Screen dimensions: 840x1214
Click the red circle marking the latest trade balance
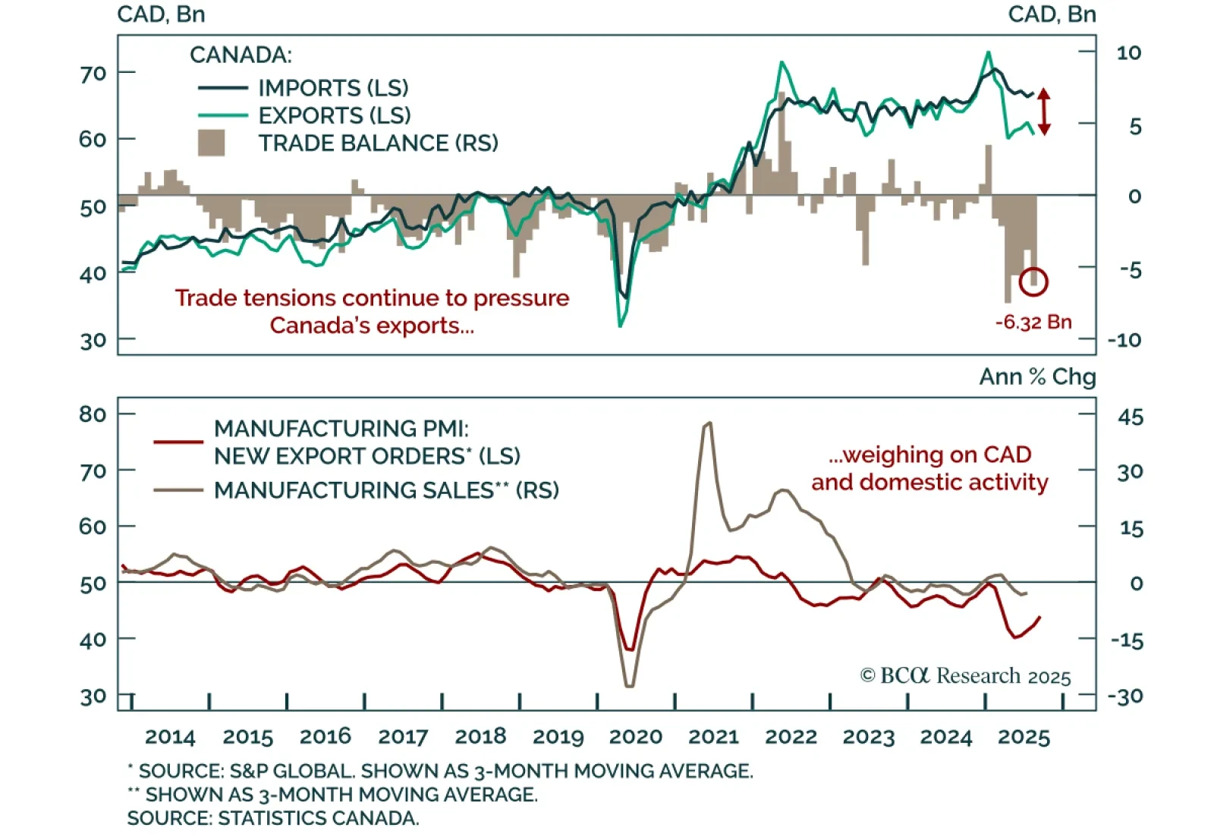(1033, 282)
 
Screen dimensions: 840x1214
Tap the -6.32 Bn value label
(1033, 322)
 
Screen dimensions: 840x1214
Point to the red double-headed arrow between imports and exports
(1044, 112)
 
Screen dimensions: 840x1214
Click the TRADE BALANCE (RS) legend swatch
(211, 143)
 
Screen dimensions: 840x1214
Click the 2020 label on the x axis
(635, 737)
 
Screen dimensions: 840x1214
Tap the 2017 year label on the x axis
(403, 737)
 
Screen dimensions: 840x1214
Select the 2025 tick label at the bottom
(1023, 737)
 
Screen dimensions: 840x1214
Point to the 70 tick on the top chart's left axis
(93, 74)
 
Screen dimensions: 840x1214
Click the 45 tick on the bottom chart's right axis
(1130, 417)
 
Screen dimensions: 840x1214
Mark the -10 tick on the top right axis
(1124, 339)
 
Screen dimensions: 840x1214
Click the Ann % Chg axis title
(1037, 377)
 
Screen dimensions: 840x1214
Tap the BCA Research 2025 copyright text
(965, 675)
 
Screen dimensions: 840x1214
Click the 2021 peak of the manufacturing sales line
(709, 423)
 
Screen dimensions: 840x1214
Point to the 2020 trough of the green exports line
(621, 326)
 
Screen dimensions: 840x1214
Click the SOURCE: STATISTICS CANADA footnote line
(272, 818)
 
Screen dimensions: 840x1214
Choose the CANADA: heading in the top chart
(241, 55)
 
